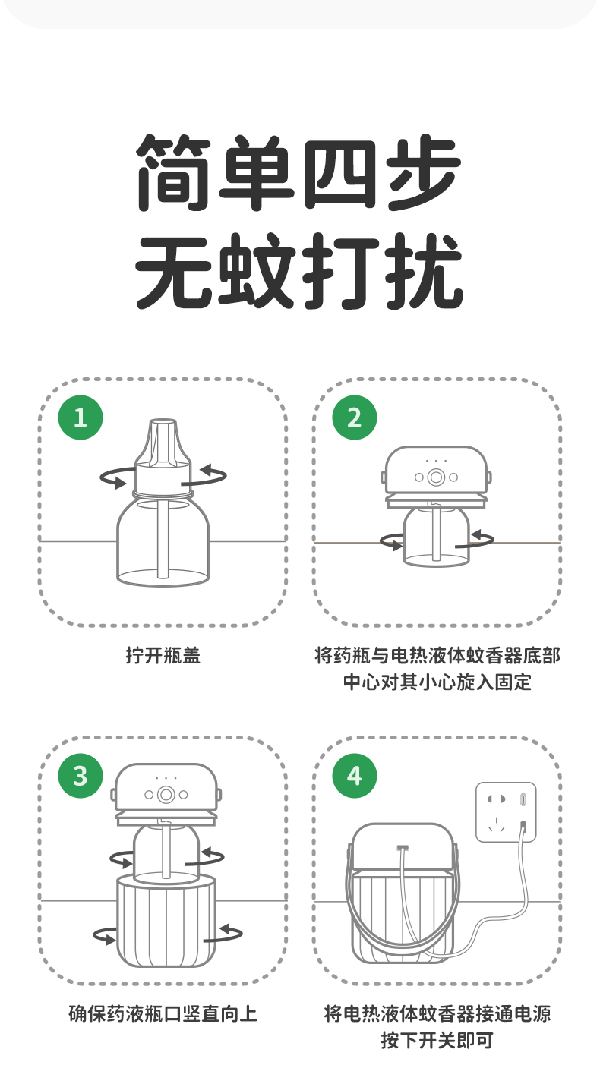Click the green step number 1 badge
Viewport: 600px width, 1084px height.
[x=81, y=418]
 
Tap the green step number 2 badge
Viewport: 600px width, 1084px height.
[x=355, y=418]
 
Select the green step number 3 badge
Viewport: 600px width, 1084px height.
[x=81, y=776]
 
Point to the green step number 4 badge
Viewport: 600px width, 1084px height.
[x=355, y=776]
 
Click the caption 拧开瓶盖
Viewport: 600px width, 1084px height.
[x=163, y=656]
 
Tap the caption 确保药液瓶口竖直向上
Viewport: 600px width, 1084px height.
[x=163, y=1014]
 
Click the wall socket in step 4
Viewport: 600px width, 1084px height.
[x=506, y=812]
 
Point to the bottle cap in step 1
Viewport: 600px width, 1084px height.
[x=163, y=456]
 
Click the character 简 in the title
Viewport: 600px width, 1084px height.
[x=173, y=173]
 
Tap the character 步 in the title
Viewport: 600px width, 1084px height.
[x=425, y=173]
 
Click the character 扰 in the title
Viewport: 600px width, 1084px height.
[x=425, y=270]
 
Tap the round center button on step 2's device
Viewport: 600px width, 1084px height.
[x=436, y=477]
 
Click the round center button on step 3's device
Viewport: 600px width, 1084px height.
[x=166, y=794]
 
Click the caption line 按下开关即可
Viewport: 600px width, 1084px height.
[x=437, y=1040]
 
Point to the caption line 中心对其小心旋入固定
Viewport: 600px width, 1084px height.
[x=437, y=682]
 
